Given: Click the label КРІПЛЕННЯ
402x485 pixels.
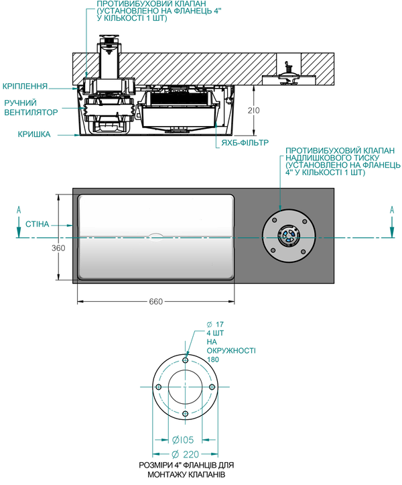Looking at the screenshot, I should tap(25, 86).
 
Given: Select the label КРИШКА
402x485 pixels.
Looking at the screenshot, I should tap(33, 134).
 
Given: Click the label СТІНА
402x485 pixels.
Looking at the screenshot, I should tap(37, 223).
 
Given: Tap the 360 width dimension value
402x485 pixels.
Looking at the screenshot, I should tap(58, 248).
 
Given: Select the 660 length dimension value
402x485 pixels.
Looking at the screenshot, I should tap(156, 302).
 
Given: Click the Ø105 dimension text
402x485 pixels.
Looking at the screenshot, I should tap(183, 440).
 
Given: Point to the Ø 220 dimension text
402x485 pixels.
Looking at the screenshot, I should tap(183, 454).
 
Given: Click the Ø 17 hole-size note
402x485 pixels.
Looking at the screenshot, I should tap(215, 325).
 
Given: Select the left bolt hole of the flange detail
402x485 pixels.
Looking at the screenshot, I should tap(159, 387).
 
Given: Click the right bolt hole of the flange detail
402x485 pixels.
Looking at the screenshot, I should tap(212, 387).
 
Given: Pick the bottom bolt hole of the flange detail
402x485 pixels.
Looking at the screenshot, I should tap(186, 413).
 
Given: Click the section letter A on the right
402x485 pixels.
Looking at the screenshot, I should tap(391, 210).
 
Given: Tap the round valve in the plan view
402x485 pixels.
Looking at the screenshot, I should tap(290, 235).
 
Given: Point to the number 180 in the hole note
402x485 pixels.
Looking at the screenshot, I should tap(214, 360).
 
